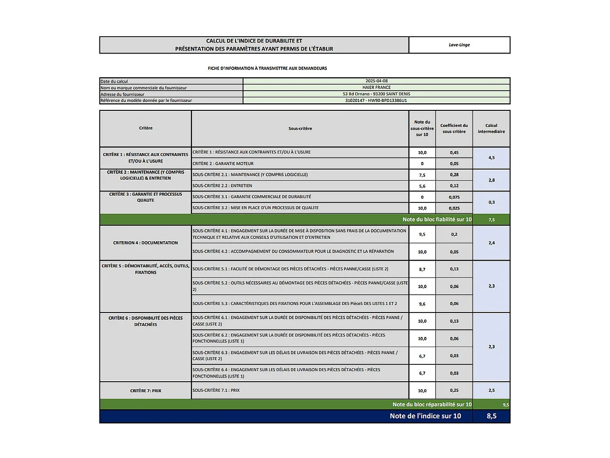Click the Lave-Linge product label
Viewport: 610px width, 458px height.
(x=459, y=45)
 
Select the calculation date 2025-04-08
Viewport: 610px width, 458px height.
(x=376, y=81)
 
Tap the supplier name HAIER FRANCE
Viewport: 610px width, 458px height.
(x=376, y=87)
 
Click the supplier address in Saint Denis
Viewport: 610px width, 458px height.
(x=376, y=94)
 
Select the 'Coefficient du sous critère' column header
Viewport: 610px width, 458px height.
(x=454, y=129)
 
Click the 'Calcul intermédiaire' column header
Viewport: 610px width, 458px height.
(x=491, y=129)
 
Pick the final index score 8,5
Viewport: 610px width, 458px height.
(x=491, y=416)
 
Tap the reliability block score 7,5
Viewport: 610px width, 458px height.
(x=491, y=220)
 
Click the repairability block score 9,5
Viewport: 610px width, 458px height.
(x=506, y=405)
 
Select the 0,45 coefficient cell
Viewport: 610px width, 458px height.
(x=454, y=153)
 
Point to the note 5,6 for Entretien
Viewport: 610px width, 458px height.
(x=422, y=186)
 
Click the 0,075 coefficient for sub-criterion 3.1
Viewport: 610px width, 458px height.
(x=454, y=197)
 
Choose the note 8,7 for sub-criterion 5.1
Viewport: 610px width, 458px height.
(x=422, y=269)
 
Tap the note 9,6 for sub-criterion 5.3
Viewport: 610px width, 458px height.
(x=422, y=304)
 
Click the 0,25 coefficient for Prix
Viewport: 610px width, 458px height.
(x=454, y=391)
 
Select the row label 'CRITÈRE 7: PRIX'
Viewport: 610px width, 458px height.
(x=145, y=391)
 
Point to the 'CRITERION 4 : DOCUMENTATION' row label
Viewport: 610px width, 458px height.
(x=145, y=243)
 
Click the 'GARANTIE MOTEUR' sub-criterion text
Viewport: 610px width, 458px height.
(x=223, y=164)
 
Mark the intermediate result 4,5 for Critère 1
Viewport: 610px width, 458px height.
(x=491, y=158)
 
